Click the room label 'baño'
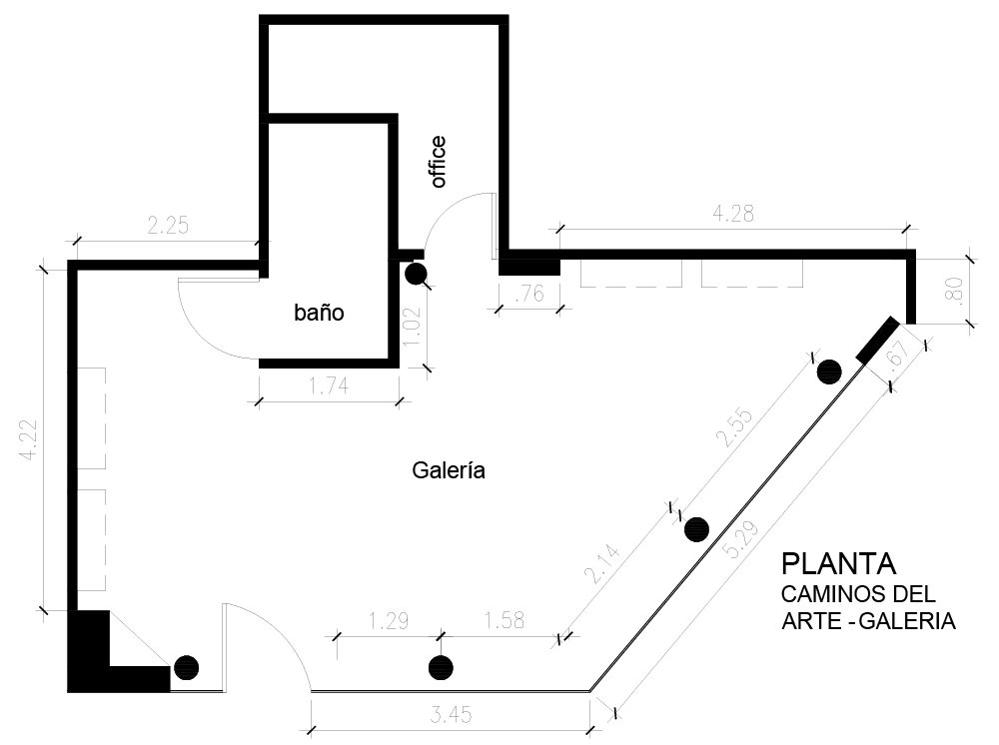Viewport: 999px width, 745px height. (319, 313)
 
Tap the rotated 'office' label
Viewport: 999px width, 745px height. (437, 162)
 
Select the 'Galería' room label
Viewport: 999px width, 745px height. (449, 470)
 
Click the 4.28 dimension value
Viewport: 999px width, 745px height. (732, 213)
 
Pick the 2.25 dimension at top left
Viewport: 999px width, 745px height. (167, 226)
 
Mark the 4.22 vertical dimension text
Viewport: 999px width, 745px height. (33, 438)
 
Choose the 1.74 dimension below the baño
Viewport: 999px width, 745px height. (329, 386)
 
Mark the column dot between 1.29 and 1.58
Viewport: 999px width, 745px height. (439, 668)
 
